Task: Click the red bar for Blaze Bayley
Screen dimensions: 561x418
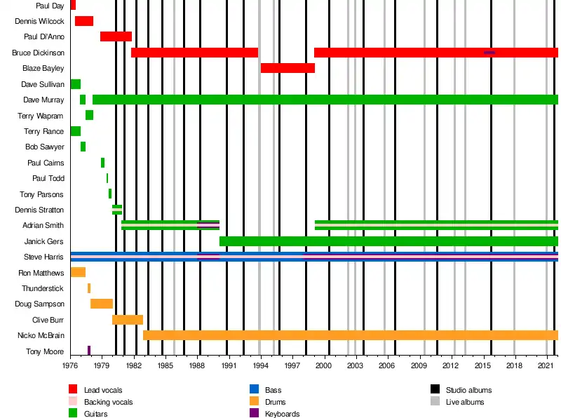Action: pyautogui.click(x=288, y=68)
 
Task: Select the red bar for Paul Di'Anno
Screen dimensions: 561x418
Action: pyautogui.click(x=116, y=36)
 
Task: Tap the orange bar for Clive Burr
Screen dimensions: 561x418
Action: pyautogui.click(x=128, y=320)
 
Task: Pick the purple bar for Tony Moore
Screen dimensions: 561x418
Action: pyautogui.click(x=89, y=351)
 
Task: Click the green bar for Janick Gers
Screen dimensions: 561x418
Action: pyautogui.click(x=389, y=241)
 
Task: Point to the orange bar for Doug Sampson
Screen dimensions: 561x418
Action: pyautogui.click(x=102, y=304)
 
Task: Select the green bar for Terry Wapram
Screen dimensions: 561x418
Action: pyautogui.click(x=90, y=115)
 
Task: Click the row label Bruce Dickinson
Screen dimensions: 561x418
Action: pyautogui.click(x=39, y=53)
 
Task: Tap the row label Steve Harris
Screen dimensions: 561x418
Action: pyautogui.click(x=43, y=257)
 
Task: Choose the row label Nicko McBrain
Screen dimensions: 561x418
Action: pyautogui.click(x=41, y=335)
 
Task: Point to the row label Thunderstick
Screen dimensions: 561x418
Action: pyautogui.click(x=43, y=288)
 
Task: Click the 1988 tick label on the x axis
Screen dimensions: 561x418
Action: pyautogui.click(x=197, y=365)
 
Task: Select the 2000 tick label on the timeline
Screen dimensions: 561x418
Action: pyautogui.click(x=323, y=365)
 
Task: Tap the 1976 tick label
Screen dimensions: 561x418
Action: pyautogui.click(x=70, y=365)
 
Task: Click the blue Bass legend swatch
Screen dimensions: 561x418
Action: pyautogui.click(x=254, y=389)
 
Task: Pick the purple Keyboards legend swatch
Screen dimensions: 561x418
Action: pyautogui.click(x=254, y=413)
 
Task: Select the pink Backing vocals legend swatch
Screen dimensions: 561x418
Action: pyautogui.click(x=73, y=401)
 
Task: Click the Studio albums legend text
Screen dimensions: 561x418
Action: pyautogui.click(x=468, y=390)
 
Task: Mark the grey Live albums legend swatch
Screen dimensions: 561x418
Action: pyautogui.click(x=435, y=401)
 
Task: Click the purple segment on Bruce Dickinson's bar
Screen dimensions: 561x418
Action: pyautogui.click(x=489, y=53)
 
